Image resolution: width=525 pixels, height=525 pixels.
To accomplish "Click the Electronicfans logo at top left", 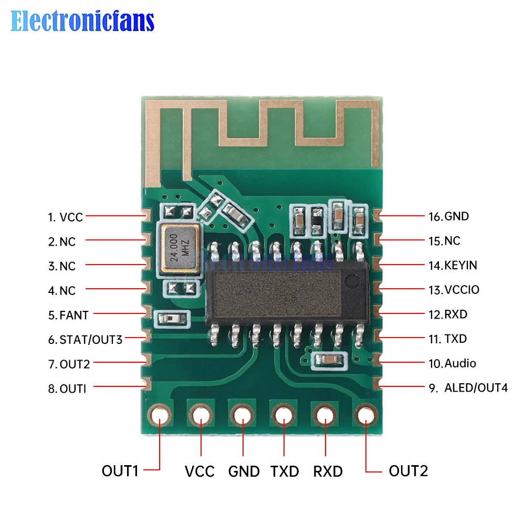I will click(x=82, y=21).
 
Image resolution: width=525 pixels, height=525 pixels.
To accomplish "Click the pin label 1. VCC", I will click(x=66, y=217).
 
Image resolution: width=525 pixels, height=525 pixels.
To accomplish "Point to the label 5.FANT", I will click(x=68, y=315).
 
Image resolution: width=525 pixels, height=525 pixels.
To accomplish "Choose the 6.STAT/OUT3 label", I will click(x=85, y=340).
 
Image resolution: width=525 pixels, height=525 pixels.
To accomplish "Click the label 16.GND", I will click(x=448, y=216).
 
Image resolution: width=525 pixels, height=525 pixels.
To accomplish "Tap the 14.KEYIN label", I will click(x=453, y=265).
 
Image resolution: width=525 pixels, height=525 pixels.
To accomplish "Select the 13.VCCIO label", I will click(x=454, y=290).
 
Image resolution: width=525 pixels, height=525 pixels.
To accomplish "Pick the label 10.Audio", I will click(x=452, y=363).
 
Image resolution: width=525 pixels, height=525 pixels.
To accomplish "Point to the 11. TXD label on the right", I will click(x=447, y=339).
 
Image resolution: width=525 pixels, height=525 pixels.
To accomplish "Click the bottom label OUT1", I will click(x=120, y=471).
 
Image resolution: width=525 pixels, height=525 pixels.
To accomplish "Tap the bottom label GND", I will click(x=244, y=471).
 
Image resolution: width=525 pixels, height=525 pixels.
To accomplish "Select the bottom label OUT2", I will click(x=408, y=471).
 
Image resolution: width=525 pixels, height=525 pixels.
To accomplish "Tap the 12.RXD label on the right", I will click(x=447, y=314).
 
